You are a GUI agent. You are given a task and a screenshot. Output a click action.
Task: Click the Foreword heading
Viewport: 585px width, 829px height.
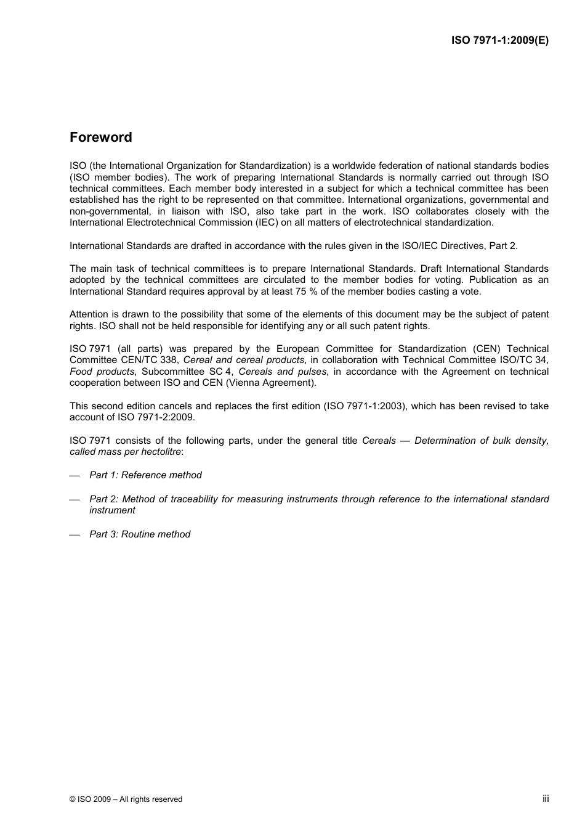click(100, 137)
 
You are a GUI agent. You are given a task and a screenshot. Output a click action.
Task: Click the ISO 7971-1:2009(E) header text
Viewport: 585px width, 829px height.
click(499, 41)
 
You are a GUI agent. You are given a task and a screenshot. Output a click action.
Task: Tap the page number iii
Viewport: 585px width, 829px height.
click(546, 798)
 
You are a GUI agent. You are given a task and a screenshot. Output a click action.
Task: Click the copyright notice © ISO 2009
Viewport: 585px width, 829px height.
click(126, 799)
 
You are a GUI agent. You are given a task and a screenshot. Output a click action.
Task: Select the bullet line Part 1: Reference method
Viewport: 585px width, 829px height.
click(145, 475)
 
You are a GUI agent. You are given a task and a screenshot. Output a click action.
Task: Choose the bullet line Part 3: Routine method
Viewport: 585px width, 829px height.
click(140, 534)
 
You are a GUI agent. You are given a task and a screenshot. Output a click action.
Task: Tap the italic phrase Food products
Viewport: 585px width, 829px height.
click(102, 372)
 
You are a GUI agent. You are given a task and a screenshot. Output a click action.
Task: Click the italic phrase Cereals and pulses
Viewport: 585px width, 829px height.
click(282, 372)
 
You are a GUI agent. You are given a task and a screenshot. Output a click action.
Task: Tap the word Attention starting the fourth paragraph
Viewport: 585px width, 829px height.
click(89, 314)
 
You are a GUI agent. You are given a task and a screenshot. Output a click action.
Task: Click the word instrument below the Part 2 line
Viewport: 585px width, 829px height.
click(112, 510)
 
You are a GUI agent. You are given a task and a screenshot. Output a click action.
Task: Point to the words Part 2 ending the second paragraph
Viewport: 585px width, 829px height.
click(503, 246)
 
